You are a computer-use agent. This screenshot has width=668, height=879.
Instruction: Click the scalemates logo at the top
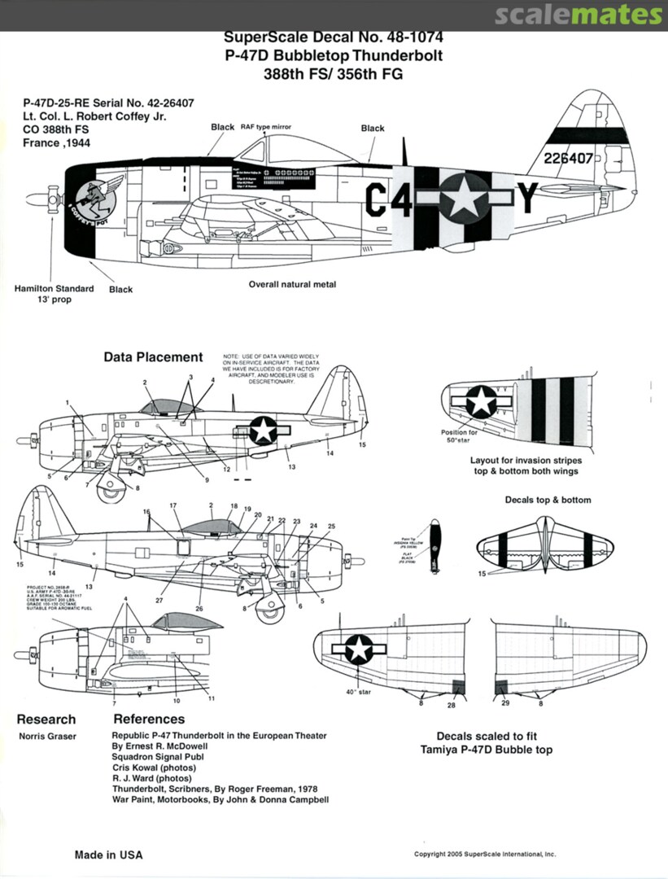click(x=578, y=15)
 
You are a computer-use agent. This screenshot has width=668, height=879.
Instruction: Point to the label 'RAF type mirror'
click(x=265, y=128)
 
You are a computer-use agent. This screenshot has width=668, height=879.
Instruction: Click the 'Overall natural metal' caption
click(x=292, y=285)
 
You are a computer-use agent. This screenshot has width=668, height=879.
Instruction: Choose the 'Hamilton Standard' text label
click(x=54, y=288)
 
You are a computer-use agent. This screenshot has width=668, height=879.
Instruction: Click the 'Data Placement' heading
click(x=153, y=356)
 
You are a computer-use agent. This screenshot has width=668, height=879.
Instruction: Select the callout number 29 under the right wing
click(x=505, y=702)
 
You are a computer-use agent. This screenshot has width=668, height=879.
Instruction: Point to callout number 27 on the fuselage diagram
click(x=160, y=601)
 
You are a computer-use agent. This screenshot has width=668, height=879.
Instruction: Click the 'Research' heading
click(x=46, y=719)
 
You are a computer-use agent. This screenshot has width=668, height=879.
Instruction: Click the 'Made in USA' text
click(x=108, y=855)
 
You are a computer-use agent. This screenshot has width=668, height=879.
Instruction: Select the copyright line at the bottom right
click(x=485, y=855)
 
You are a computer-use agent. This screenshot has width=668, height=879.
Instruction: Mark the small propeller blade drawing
click(x=434, y=546)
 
